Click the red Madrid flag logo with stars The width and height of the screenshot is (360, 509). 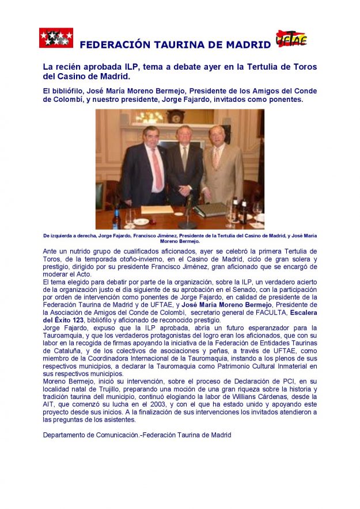tap(56, 38)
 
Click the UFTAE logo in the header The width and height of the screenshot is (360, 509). tap(291, 39)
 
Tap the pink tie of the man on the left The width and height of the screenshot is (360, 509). tap(157, 169)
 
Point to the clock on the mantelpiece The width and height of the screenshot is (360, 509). tap(175, 116)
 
